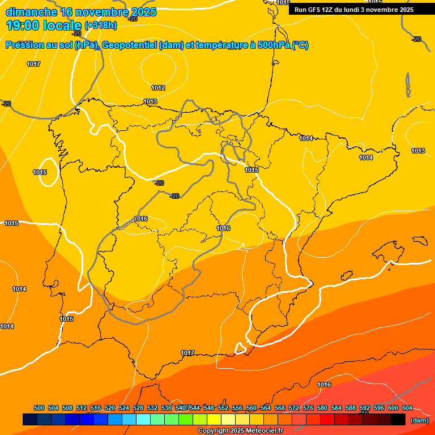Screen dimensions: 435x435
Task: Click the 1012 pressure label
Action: (158, 88)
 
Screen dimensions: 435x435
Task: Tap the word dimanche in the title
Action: (31, 11)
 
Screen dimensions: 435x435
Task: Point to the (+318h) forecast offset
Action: (101, 25)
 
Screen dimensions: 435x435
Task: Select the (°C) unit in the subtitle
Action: (301, 45)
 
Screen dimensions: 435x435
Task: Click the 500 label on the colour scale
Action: (39, 408)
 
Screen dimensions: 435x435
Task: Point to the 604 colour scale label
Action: (407, 408)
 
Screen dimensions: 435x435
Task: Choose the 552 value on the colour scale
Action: (223, 408)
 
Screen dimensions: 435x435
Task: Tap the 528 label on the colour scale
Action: (138, 408)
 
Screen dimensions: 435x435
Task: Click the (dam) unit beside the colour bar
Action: (420, 420)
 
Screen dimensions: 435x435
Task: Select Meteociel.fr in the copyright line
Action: (264, 431)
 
